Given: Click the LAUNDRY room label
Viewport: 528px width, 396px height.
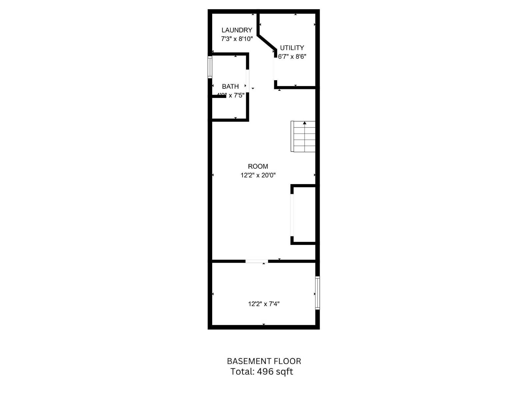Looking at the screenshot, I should pyautogui.click(x=237, y=30).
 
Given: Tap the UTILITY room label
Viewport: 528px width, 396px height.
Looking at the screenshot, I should pyautogui.click(x=292, y=48).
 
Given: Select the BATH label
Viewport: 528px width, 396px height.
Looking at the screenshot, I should pyautogui.click(x=230, y=86).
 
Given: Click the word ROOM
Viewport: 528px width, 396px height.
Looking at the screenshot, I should pyautogui.click(x=258, y=166).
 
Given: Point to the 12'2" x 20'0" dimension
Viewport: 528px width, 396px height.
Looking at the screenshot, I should pyautogui.click(x=258, y=175).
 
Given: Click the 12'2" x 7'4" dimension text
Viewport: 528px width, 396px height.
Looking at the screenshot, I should pyautogui.click(x=264, y=304).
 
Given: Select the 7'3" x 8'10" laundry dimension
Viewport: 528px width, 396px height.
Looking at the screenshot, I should pyautogui.click(x=237, y=39).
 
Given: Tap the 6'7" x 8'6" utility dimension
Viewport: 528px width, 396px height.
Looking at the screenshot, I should pyautogui.click(x=292, y=56).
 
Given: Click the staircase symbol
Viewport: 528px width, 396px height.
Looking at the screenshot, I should pyautogui.click(x=303, y=137).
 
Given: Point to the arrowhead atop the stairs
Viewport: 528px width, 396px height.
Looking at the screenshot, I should pyautogui.click(x=305, y=123).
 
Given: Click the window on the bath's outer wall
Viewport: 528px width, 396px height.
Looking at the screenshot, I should pyautogui.click(x=210, y=67).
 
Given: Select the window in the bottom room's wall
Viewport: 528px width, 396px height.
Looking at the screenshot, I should pyautogui.click(x=317, y=293).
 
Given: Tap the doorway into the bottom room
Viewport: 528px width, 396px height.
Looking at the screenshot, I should pyautogui.click(x=256, y=261).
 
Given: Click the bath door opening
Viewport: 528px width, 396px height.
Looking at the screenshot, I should pyautogui.click(x=247, y=81).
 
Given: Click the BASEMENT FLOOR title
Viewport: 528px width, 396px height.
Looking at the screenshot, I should pyautogui.click(x=264, y=361).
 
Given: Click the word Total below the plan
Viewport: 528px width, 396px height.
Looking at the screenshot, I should pyautogui.click(x=242, y=372).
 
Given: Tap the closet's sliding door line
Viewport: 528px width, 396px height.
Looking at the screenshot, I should pyautogui.click(x=292, y=215).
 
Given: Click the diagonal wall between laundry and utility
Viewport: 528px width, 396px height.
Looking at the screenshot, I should pyautogui.click(x=266, y=42).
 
